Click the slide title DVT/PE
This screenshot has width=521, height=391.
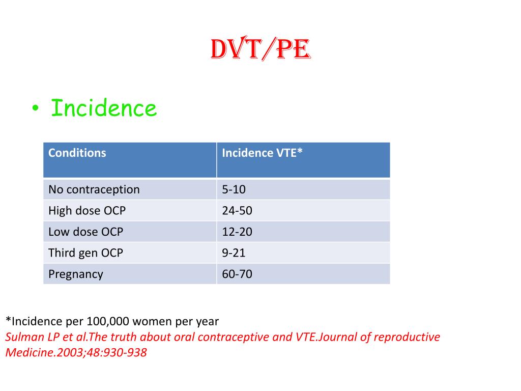(x=260, y=50)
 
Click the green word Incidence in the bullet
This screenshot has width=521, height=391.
(x=104, y=108)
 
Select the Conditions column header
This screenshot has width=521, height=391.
(x=77, y=153)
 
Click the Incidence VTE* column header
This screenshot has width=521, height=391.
(x=262, y=153)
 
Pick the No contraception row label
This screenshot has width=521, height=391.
(x=94, y=189)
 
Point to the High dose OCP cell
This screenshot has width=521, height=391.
(x=86, y=210)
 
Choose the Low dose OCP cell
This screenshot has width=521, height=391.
(x=85, y=232)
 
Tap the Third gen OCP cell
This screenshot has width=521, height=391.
(x=85, y=253)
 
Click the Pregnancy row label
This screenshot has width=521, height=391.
(x=75, y=274)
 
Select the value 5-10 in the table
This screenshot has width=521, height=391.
(x=234, y=189)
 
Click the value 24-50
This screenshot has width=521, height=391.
(x=237, y=210)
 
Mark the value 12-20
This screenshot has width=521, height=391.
(x=237, y=232)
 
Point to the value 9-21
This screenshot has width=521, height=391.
(x=234, y=253)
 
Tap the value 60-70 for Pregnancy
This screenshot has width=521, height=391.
(x=237, y=274)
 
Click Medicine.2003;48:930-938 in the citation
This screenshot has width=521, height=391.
(x=76, y=352)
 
